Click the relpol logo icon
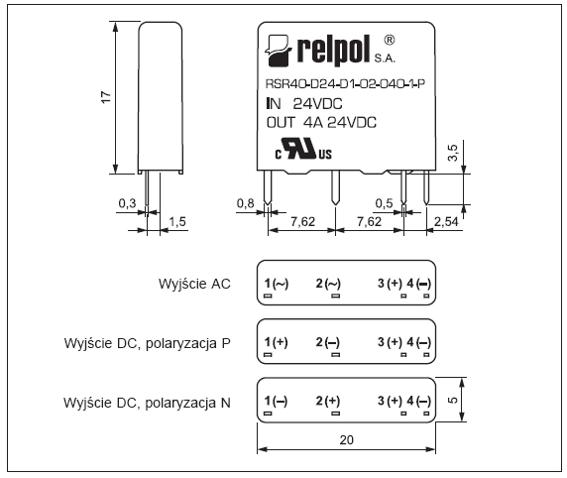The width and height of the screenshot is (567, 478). (279, 51)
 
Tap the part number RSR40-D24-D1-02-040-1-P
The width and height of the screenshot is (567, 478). (345, 84)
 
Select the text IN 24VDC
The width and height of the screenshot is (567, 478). (304, 104)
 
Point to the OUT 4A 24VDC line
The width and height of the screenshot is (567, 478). (321, 123)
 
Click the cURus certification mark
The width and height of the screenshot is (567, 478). (303, 149)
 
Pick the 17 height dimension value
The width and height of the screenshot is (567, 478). (106, 97)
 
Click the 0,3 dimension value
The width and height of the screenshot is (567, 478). (127, 203)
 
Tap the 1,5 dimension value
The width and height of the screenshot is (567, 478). (177, 221)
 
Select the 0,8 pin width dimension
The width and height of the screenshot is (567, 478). (245, 203)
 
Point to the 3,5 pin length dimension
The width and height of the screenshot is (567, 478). (453, 153)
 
